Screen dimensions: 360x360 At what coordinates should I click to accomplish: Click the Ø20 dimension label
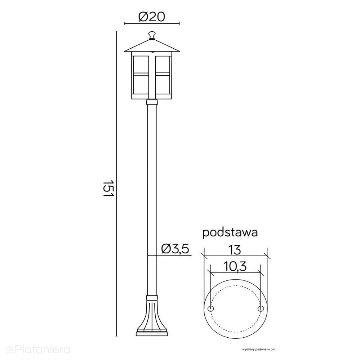coord(152,17)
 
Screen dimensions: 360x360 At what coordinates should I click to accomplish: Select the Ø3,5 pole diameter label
coord(175,249)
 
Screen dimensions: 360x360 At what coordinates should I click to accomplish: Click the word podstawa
coord(230,233)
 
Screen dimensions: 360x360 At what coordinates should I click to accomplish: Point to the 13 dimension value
coord(235,250)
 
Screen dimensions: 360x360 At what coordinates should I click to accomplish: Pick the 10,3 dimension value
coord(235,266)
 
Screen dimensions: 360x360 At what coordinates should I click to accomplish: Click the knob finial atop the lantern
coord(152,35)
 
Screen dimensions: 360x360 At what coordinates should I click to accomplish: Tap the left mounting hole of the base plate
coord(210,308)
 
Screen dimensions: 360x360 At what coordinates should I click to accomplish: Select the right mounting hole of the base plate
coord(261,308)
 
